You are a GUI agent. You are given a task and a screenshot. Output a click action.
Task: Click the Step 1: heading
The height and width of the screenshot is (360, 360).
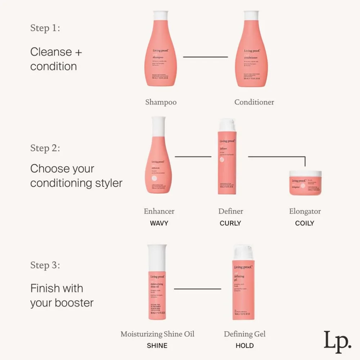(45, 28)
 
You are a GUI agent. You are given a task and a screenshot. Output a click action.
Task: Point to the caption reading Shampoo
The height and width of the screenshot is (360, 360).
(161, 102)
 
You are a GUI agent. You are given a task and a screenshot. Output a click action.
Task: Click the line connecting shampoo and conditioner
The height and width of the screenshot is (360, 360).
(206, 57)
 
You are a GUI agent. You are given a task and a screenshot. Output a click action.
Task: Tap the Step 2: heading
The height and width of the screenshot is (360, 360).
(45, 148)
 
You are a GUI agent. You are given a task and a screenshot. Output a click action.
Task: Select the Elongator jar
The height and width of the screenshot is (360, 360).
(305, 183)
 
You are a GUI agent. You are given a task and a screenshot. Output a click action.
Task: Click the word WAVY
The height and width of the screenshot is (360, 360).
(159, 223)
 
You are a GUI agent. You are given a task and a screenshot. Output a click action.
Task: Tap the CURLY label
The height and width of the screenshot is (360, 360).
(230, 223)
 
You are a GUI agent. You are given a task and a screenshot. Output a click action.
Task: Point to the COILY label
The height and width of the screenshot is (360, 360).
(305, 223)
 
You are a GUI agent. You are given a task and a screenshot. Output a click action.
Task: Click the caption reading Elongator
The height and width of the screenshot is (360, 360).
(305, 211)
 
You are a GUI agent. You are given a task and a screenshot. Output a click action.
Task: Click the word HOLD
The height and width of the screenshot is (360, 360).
(245, 346)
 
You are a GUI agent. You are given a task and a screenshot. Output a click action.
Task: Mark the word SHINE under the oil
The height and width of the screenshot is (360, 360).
(157, 346)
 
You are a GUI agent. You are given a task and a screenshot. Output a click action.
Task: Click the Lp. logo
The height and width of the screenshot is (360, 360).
(337, 340)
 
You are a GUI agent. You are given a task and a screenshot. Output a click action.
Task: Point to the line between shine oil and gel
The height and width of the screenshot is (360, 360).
(197, 289)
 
